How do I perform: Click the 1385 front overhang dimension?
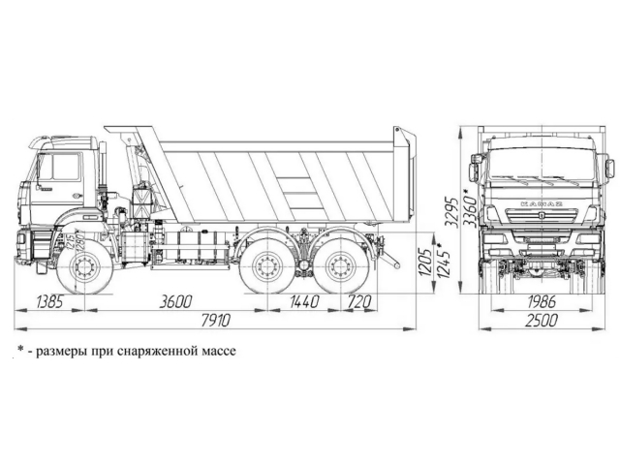pos(49,302)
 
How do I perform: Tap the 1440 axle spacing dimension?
pos(303,302)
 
